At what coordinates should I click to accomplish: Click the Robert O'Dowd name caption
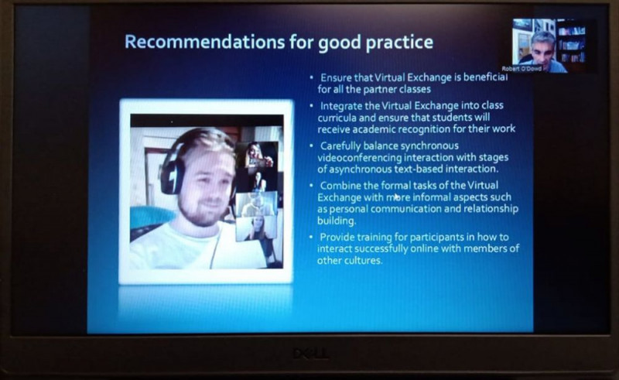(522, 69)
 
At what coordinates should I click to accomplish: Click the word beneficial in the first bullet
(486, 77)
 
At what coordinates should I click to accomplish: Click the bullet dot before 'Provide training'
(312, 237)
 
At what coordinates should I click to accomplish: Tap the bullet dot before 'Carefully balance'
(312, 145)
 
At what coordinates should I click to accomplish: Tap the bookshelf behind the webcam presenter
(571, 43)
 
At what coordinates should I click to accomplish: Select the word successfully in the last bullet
(381, 249)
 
